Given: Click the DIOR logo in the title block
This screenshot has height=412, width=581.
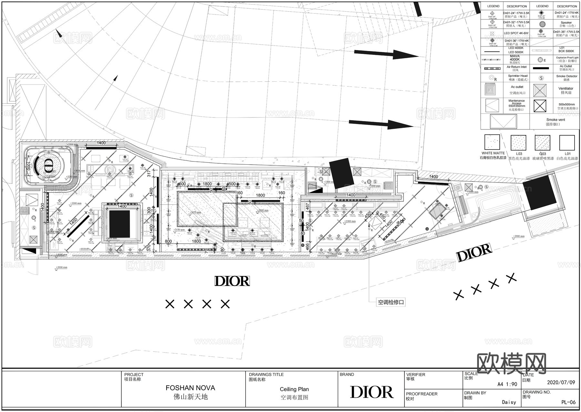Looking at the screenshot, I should point(372,392).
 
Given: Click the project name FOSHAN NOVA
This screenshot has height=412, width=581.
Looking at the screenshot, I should point(190,388).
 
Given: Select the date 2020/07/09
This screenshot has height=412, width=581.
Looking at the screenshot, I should point(561,383).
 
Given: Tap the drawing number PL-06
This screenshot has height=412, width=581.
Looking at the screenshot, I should point(568,402).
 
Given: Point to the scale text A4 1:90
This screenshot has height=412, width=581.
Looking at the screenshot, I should point(507,384).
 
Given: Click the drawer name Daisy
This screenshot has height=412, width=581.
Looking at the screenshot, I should point(509,402).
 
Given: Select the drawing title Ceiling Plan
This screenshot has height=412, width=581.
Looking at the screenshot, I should point(294,389).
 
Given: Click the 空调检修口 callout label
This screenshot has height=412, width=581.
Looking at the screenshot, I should point(391,303).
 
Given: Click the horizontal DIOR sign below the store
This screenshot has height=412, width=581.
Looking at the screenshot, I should point(232,281).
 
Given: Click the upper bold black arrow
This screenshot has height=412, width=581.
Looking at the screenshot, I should point(386,54).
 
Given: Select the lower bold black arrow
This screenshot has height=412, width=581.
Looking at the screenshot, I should point(381,124).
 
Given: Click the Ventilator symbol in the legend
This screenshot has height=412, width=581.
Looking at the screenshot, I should point(540,90).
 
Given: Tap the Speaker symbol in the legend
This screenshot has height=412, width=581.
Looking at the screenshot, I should point(542,24).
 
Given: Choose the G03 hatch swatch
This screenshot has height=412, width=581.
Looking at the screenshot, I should point(542,142).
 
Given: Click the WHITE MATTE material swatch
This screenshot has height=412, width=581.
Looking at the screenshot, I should point(492,142).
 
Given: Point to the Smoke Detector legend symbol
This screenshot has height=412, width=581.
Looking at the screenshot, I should point(542,78).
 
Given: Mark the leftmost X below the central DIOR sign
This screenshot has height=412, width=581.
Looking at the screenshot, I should point(170,304).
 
